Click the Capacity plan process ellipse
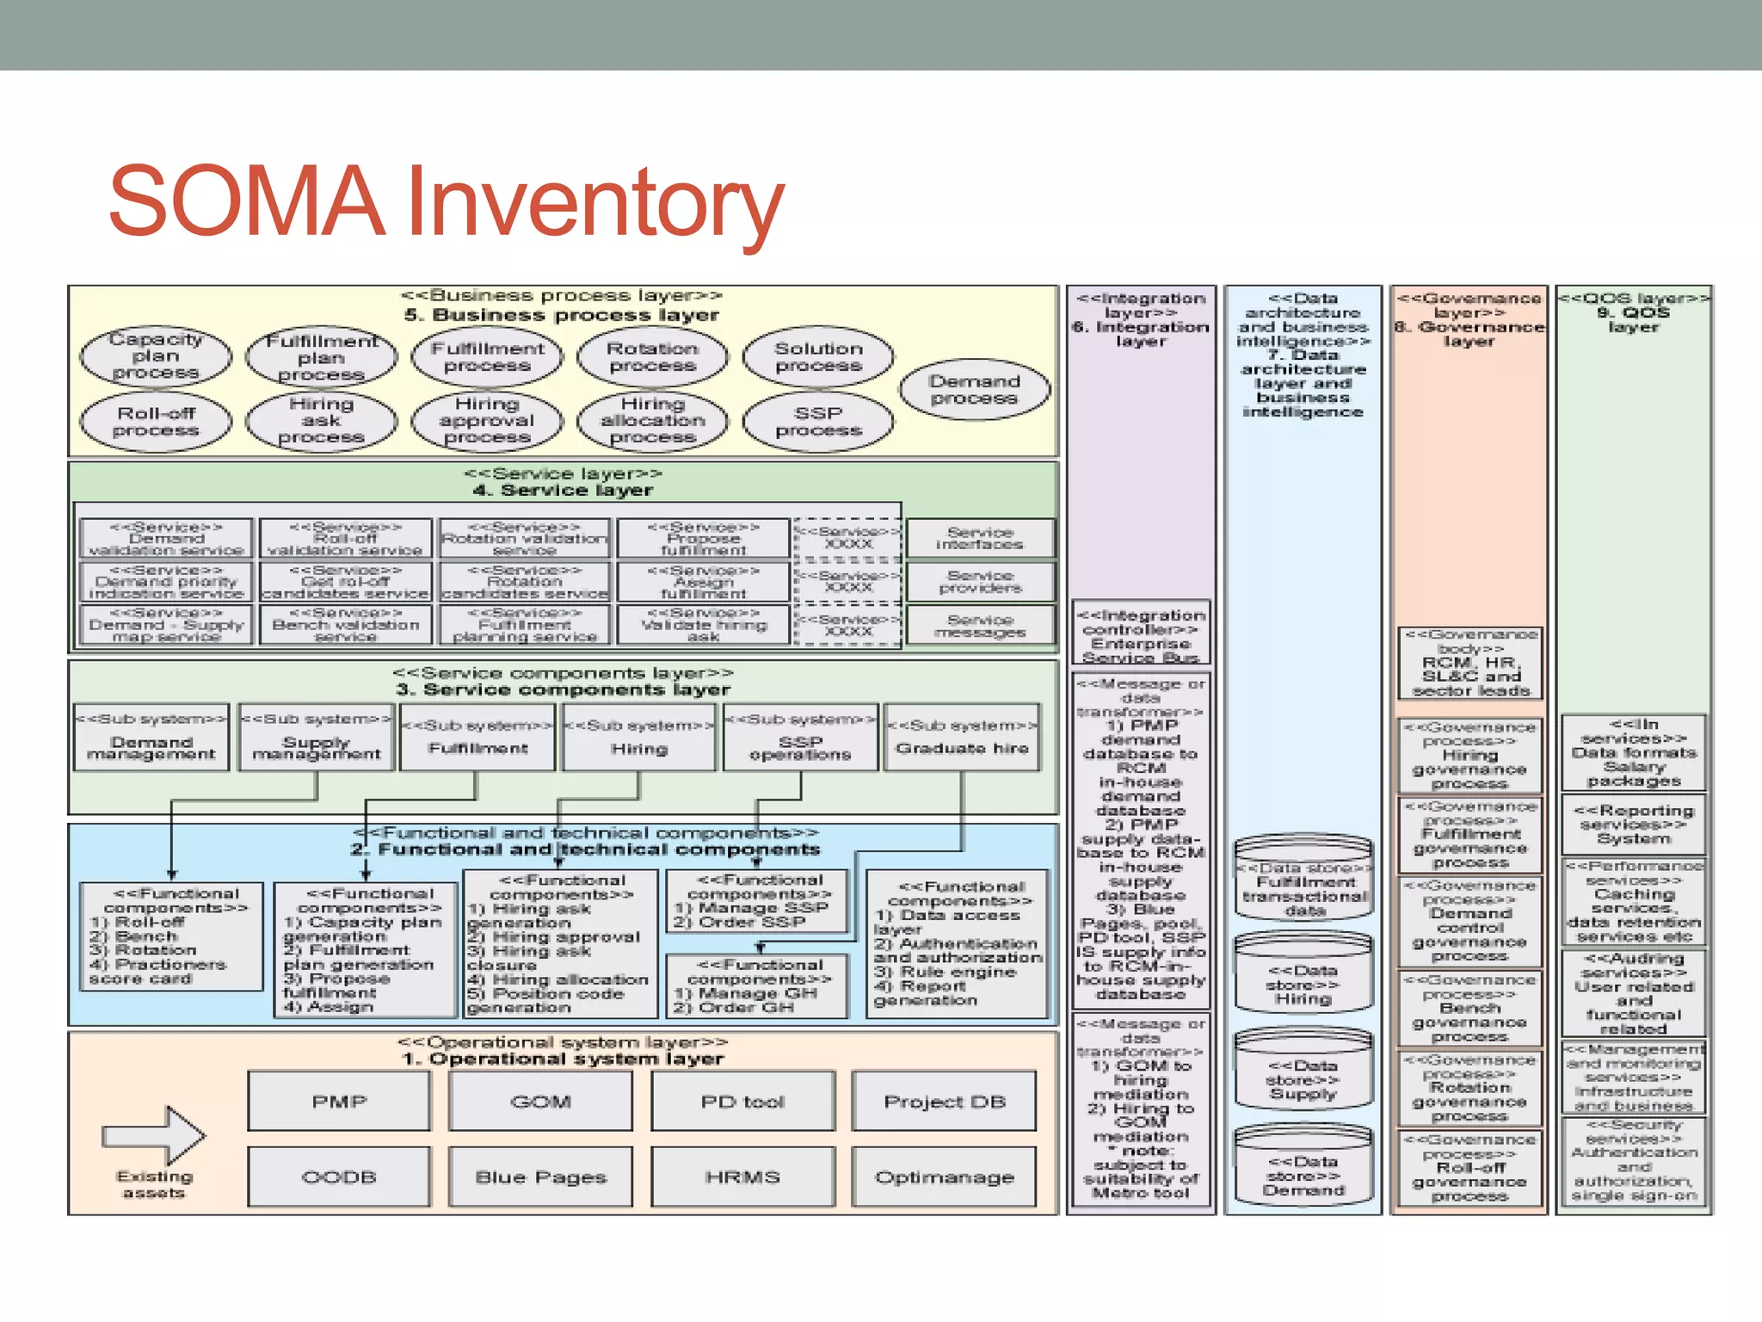click(x=156, y=355)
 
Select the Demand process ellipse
click(x=974, y=389)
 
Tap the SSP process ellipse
click(x=818, y=421)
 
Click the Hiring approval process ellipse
click(x=487, y=420)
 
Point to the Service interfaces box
click(x=980, y=538)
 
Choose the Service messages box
click(x=980, y=626)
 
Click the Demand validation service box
click(x=167, y=539)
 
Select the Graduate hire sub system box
click(x=962, y=738)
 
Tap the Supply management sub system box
click(x=317, y=738)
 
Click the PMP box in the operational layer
click(x=339, y=1101)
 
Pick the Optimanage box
click(x=944, y=1177)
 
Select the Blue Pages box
click(x=540, y=1177)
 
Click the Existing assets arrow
click(x=155, y=1136)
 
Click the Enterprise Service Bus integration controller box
click(x=1141, y=635)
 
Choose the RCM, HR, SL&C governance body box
click(x=1470, y=664)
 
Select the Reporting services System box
click(x=1633, y=825)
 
